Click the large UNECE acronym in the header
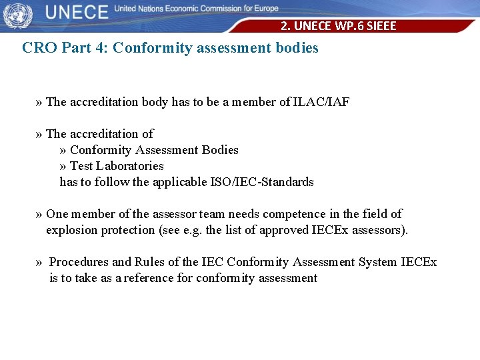[x=77, y=12]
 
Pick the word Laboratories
[x=129, y=166]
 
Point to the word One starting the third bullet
[x=57, y=214]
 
